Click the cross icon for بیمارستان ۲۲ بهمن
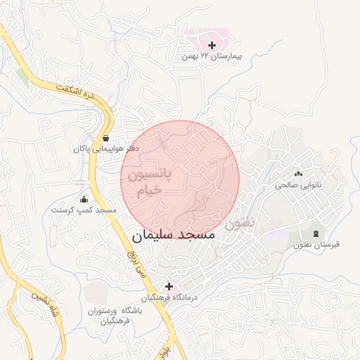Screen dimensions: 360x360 (212, 45)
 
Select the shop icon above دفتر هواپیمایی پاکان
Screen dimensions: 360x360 (105, 138)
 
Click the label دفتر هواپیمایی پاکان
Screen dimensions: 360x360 (105, 149)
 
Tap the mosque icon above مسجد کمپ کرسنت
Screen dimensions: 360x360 (84, 199)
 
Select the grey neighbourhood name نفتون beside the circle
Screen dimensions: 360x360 (240, 224)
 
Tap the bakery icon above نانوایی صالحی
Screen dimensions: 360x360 (298, 174)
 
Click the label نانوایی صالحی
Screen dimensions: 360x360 (298, 185)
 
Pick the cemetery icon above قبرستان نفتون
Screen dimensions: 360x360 (316, 233)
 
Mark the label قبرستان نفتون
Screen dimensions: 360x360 (316, 245)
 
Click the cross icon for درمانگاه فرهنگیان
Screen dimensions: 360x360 (169, 286)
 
